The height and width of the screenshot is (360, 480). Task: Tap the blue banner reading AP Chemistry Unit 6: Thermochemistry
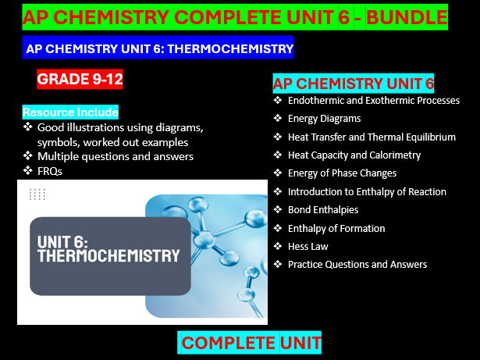pyautogui.click(x=159, y=48)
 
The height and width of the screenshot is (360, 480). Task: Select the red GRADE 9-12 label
pyautogui.click(x=80, y=79)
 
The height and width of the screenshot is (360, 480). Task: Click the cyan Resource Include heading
pyautogui.click(x=70, y=112)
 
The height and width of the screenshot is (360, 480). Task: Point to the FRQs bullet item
pyautogui.click(x=50, y=170)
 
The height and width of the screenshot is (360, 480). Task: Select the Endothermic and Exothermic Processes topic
pyautogui.click(x=373, y=101)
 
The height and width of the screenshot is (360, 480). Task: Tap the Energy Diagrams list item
pyautogui.click(x=324, y=119)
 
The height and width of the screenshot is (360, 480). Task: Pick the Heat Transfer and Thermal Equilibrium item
pyautogui.click(x=372, y=137)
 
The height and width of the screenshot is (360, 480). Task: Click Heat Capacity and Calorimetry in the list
pyautogui.click(x=354, y=155)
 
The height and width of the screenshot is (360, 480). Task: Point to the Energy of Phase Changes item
pyautogui.click(x=342, y=173)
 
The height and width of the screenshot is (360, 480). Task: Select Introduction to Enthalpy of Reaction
pyautogui.click(x=367, y=191)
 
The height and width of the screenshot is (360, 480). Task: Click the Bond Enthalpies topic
pyautogui.click(x=323, y=209)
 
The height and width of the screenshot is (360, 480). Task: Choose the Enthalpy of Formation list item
pyautogui.click(x=336, y=228)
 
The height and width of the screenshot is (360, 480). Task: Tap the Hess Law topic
pyautogui.click(x=308, y=246)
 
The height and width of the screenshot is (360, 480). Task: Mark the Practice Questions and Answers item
pyautogui.click(x=357, y=264)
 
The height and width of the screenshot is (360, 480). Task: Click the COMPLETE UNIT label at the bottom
pyautogui.click(x=251, y=343)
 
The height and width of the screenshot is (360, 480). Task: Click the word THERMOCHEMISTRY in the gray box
pyautogui.click(x=108, y=255)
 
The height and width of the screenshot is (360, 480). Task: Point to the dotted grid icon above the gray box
pyautogui.click(x=37, y=194)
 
